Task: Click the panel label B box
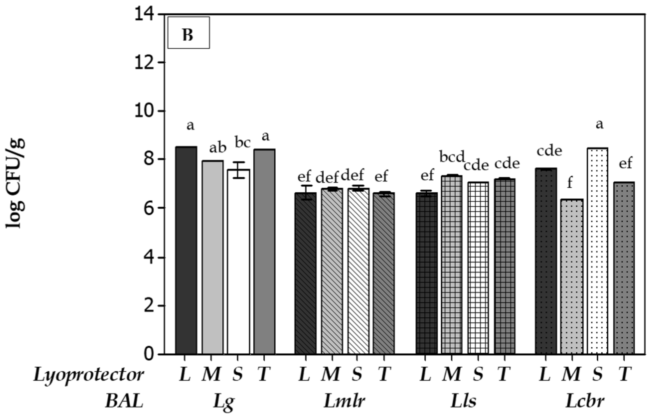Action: (x=188, y=33)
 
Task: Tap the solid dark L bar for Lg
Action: (x=186, y=250)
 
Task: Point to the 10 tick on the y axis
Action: (x=146, y=111)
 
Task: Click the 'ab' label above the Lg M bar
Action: (x=218, y=148)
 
